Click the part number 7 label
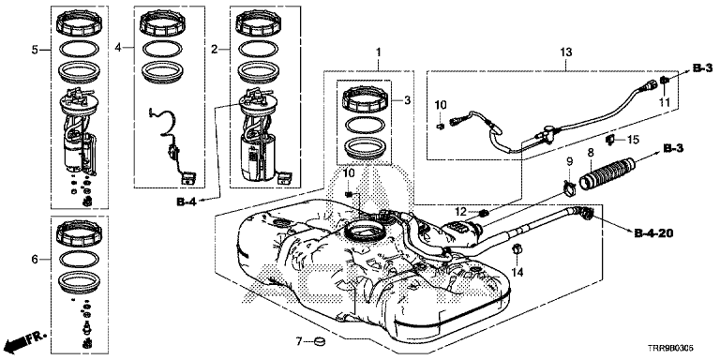[x=298, y=341]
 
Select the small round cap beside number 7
[x=317, y=340]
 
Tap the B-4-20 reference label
[x=653, y=234]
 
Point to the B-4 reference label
[x=187, y=202]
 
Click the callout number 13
[x=566, y=52]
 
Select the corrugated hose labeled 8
[x=607, y=173]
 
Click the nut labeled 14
[x=516, y=249]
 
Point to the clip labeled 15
[x=610, y=139]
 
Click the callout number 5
[x=36, y=50]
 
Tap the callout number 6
[x=35, y=260]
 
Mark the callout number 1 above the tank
[x=379, y=52]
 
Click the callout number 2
[x=214, y=49]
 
